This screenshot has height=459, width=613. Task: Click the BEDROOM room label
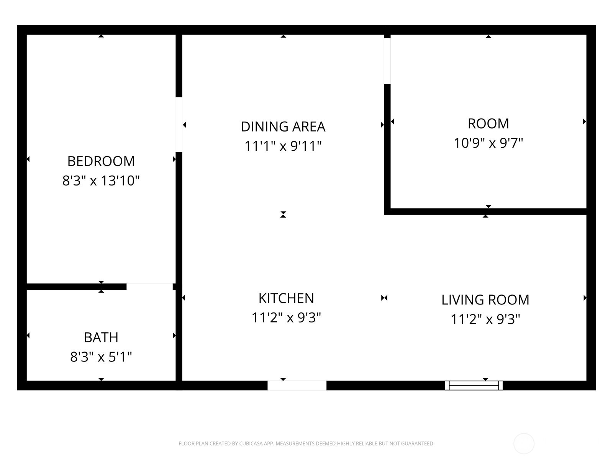point(101,161)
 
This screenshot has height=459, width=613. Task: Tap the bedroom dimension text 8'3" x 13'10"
point(101,181)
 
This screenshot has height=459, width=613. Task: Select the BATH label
point(101,337)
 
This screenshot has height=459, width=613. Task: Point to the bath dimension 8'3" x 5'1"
point(101,357)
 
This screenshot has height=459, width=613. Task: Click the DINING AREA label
point(283,127)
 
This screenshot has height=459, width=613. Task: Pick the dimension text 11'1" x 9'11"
point(283,146)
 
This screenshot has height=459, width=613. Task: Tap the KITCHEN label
point(286,298)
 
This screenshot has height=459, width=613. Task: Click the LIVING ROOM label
point(485,299)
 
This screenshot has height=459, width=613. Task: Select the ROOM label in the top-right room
point(488,124)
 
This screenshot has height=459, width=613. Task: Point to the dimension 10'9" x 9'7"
point(488,143)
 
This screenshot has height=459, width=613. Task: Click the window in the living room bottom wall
point(474,385)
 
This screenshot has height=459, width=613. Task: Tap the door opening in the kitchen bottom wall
point(297,385)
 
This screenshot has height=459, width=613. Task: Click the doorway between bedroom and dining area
point(179,125)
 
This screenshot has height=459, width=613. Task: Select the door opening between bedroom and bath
point(149,286)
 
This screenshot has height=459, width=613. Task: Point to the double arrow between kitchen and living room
point(384,298)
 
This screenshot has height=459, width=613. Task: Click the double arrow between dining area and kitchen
point(283,215)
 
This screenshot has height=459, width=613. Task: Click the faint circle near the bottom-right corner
point(524,444)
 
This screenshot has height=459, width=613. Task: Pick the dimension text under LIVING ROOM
point(485,319)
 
